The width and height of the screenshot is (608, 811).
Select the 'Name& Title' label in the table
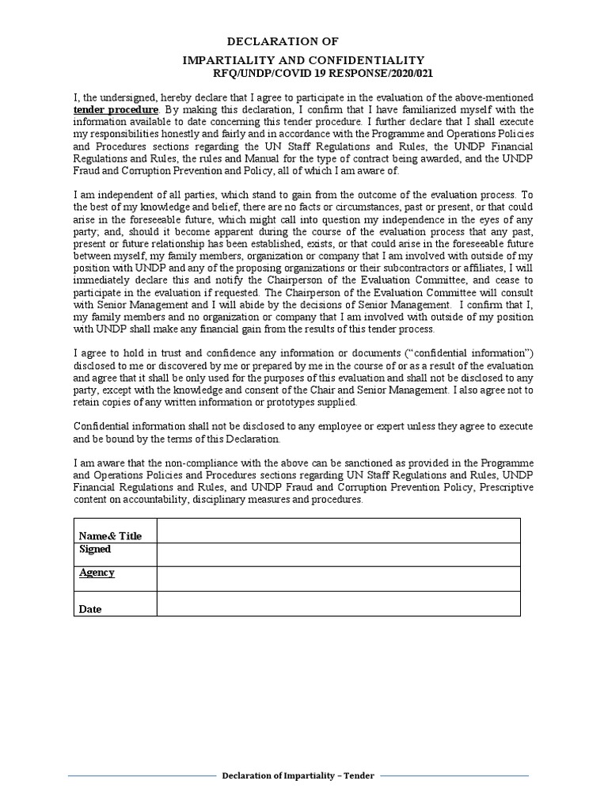click(x=110, y=536)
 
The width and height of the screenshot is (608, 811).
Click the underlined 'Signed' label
click(x=95, y=549)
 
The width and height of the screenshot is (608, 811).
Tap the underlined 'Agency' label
click(x=97, y=573)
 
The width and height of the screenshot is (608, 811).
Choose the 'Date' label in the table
click(x=90, y=610)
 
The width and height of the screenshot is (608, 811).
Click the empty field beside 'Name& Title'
click(x=338, y=531)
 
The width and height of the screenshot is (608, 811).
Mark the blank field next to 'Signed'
click(x=338, y=554)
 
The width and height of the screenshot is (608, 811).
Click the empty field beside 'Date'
click(x=338, y=603)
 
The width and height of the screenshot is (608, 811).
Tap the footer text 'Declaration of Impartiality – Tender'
click(x=298, y=776)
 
